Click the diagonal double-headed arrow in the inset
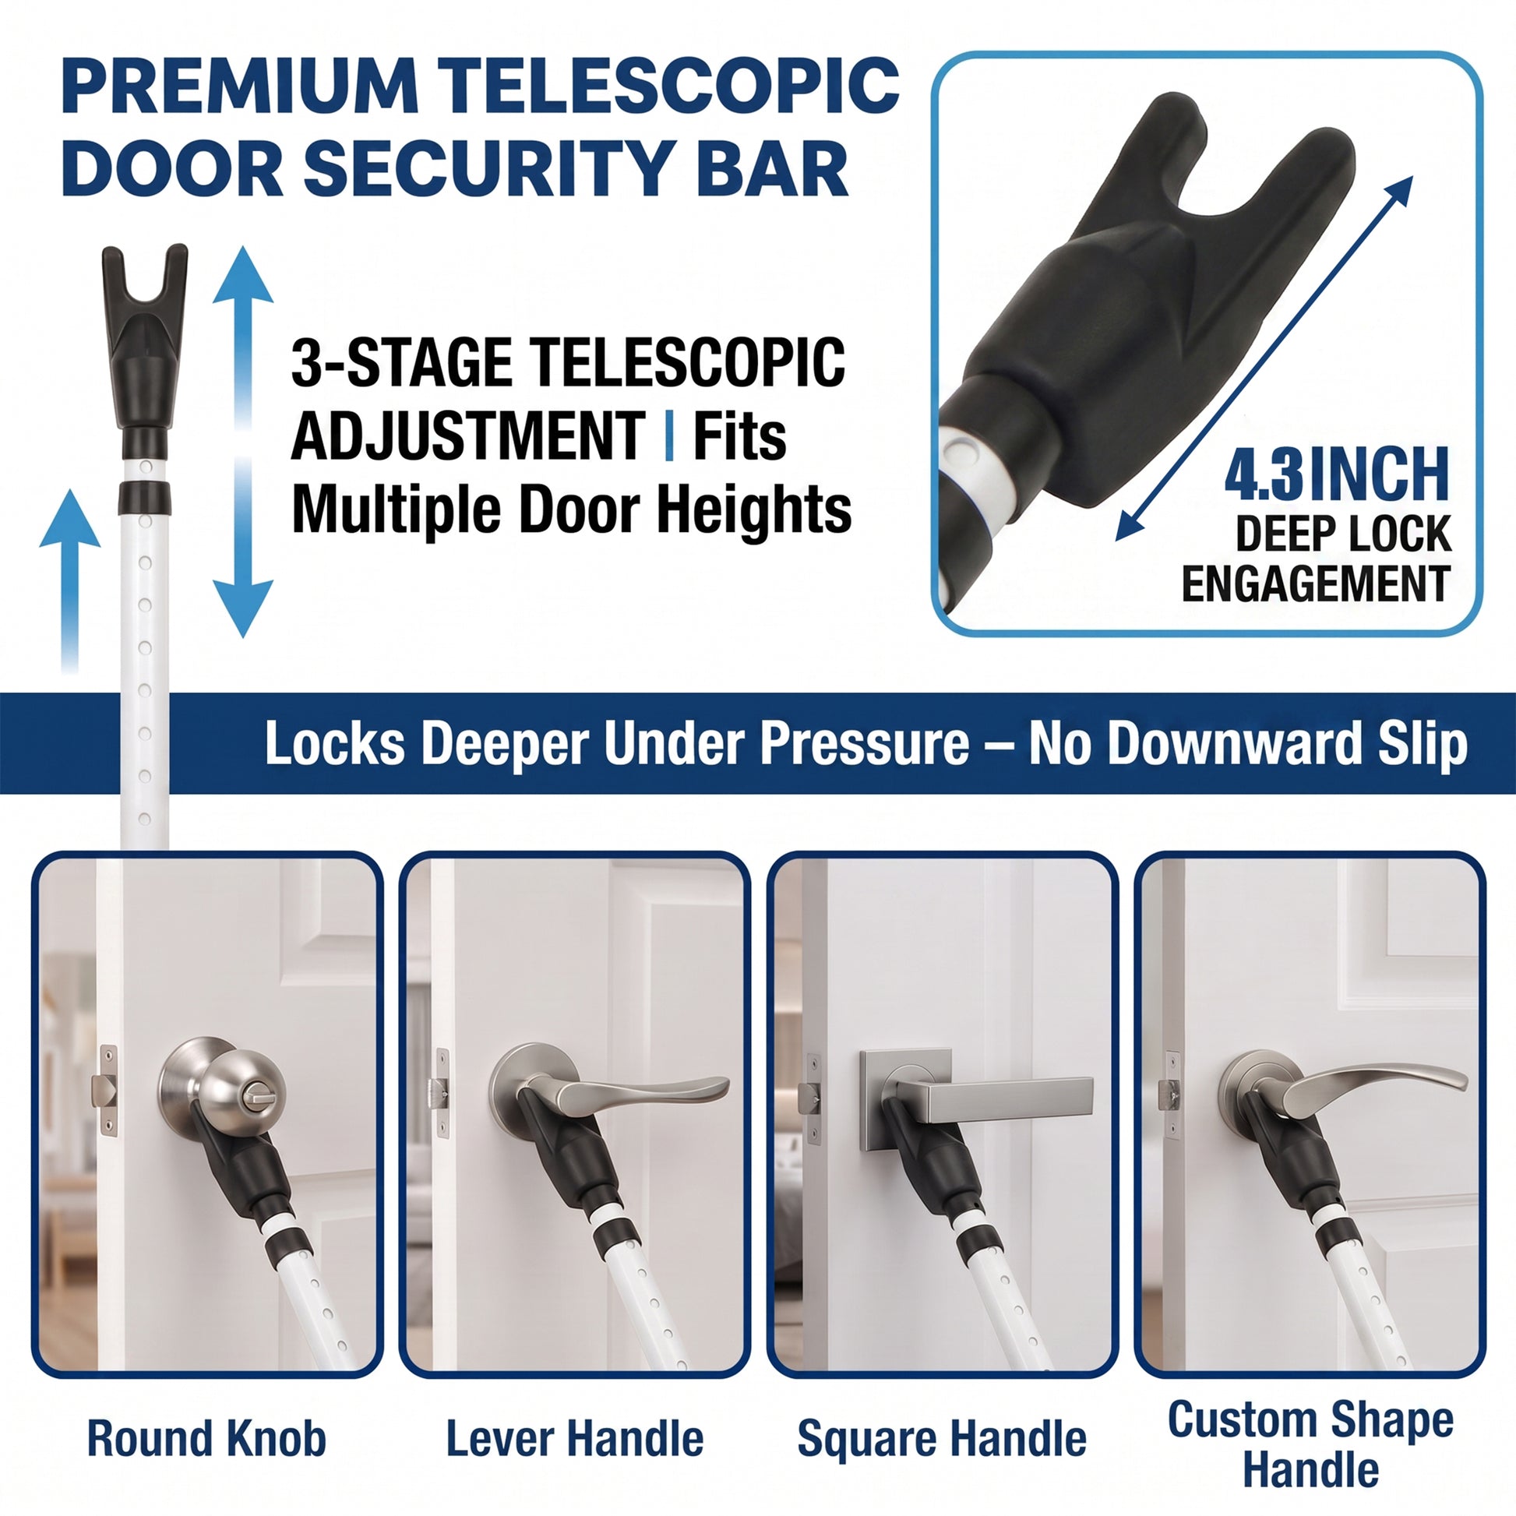[1264, 358]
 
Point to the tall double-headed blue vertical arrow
[243, 441]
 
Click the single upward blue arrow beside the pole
[70, 580]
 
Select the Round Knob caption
[206, 1438]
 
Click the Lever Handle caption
[574, 1438]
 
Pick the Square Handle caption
[942, 1438]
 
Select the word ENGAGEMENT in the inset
[1316, 583]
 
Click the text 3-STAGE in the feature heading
[400, 362]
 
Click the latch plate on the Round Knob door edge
[108, 1091]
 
